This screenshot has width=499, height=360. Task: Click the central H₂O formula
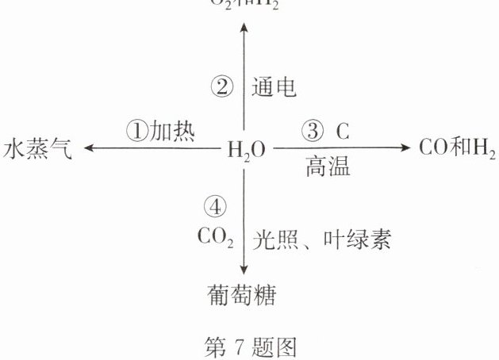click(x=247, y=148)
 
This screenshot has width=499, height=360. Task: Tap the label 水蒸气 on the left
click(x=37, y=148)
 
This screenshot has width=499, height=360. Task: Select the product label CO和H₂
click(x=451, y=147)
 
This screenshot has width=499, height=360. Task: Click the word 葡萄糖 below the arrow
click(x=241, y=295)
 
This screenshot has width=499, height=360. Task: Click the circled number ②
click(x=221, y=86)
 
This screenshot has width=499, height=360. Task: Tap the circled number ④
click(x=215, y=208)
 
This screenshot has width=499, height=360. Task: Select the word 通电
click(x=274, y=86)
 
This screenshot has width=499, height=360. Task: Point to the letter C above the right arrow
click(x=342, y=129)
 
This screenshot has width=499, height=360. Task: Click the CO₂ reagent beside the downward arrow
click(x=215, y=236)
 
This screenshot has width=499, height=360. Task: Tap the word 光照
click(x=274, y=238)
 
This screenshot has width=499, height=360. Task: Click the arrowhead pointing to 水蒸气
click(x=89, y=148)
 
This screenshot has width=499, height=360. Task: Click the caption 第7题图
click(x=251, y=346)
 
